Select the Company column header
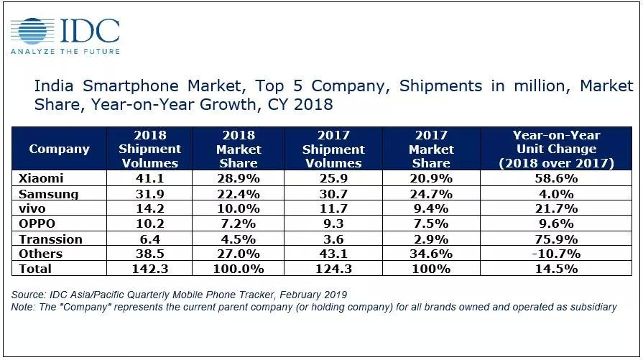click(x=59, y=149)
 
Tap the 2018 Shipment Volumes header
click(x=150, y=149)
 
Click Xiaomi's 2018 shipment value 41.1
click(x=150, y=177)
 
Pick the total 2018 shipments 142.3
click(x=150, y=268)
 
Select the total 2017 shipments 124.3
click(x=333, y=268)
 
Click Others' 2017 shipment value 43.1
click(x=333, y=253)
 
